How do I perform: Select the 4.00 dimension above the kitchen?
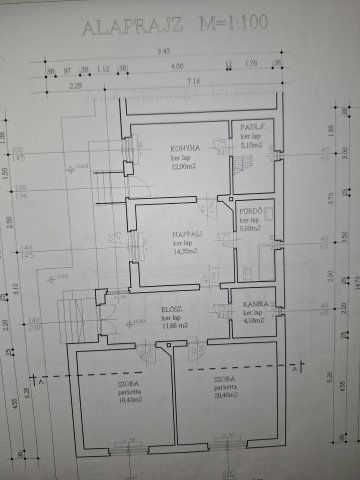[x=177, y=68]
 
